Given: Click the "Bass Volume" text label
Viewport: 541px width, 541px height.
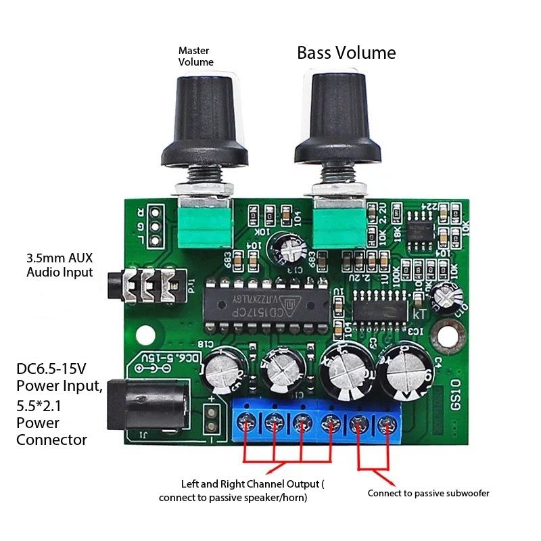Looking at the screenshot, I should click(x=346, y=53).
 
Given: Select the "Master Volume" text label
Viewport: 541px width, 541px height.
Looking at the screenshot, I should click(x=195, y=56).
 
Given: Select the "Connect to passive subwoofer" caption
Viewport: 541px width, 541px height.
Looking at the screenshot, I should click(x=428, y=493).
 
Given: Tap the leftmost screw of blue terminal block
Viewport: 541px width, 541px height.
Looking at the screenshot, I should click(x=246, y=424).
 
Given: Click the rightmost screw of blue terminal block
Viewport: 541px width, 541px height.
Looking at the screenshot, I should click(x=387, y=425).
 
